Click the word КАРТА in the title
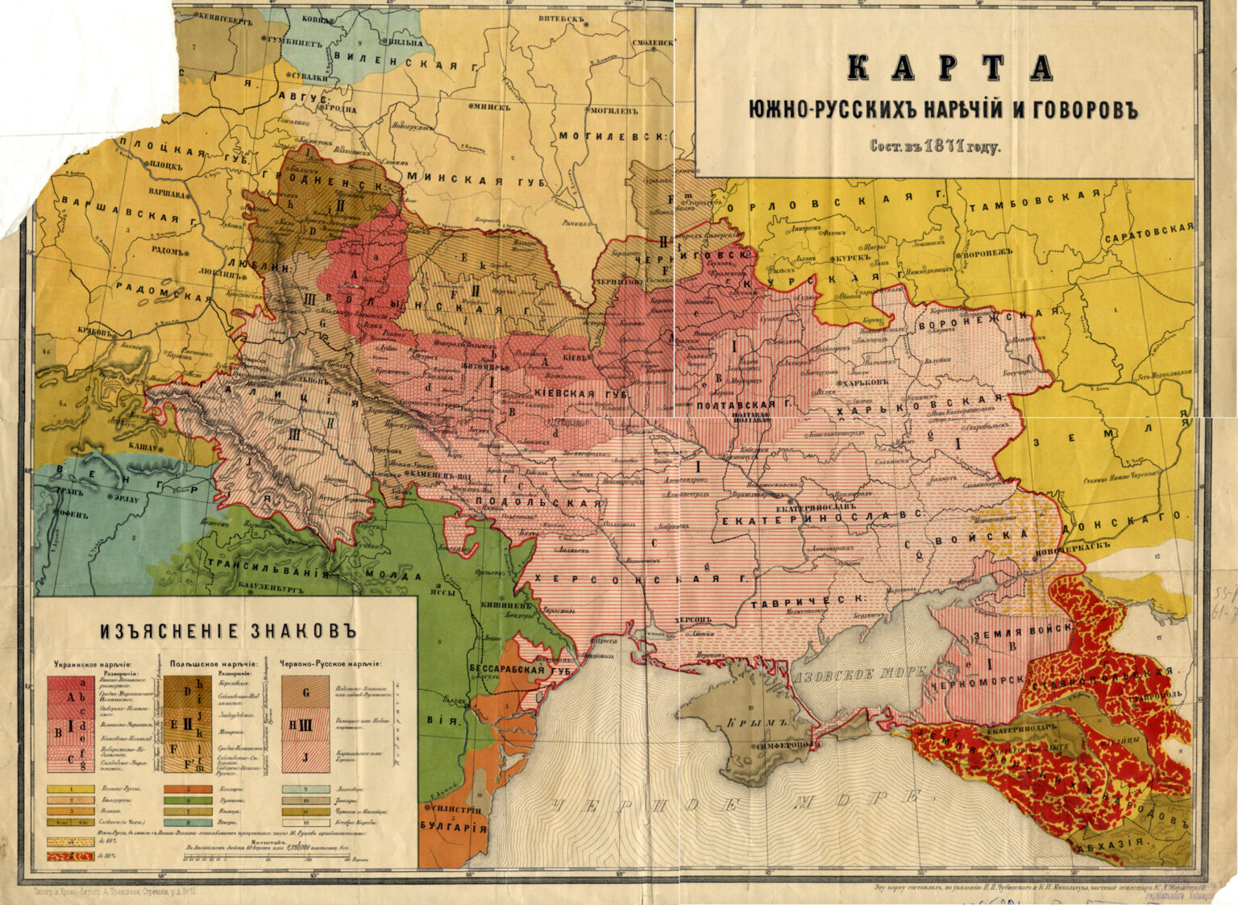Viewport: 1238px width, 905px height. pos(950,69)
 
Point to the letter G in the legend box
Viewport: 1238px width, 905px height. pos(305,691)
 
